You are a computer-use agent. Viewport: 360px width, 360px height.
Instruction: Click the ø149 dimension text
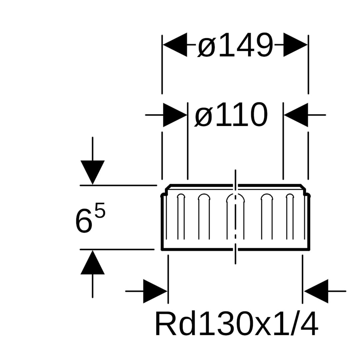coord(235,45)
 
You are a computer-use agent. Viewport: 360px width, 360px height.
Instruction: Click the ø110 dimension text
coord(231,115)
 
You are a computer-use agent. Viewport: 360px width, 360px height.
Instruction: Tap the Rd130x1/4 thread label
coord(236,324)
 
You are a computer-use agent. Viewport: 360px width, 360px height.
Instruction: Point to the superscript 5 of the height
coord(100,211)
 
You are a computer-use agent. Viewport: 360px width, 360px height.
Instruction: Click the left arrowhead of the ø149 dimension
coord(175,45)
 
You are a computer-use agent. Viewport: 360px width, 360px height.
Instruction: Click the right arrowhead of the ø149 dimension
coord(295,45)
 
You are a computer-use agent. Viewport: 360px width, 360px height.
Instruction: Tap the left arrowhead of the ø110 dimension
coord(175,115)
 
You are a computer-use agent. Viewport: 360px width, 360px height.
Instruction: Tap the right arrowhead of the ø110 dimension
coord(296,115)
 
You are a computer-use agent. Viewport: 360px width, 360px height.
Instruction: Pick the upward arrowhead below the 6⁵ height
coord(93,263)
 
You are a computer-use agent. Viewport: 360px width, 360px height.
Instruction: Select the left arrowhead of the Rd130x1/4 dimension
coord(155,291)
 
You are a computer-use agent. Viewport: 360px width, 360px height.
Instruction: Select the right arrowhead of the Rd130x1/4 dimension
coord(316,291)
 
